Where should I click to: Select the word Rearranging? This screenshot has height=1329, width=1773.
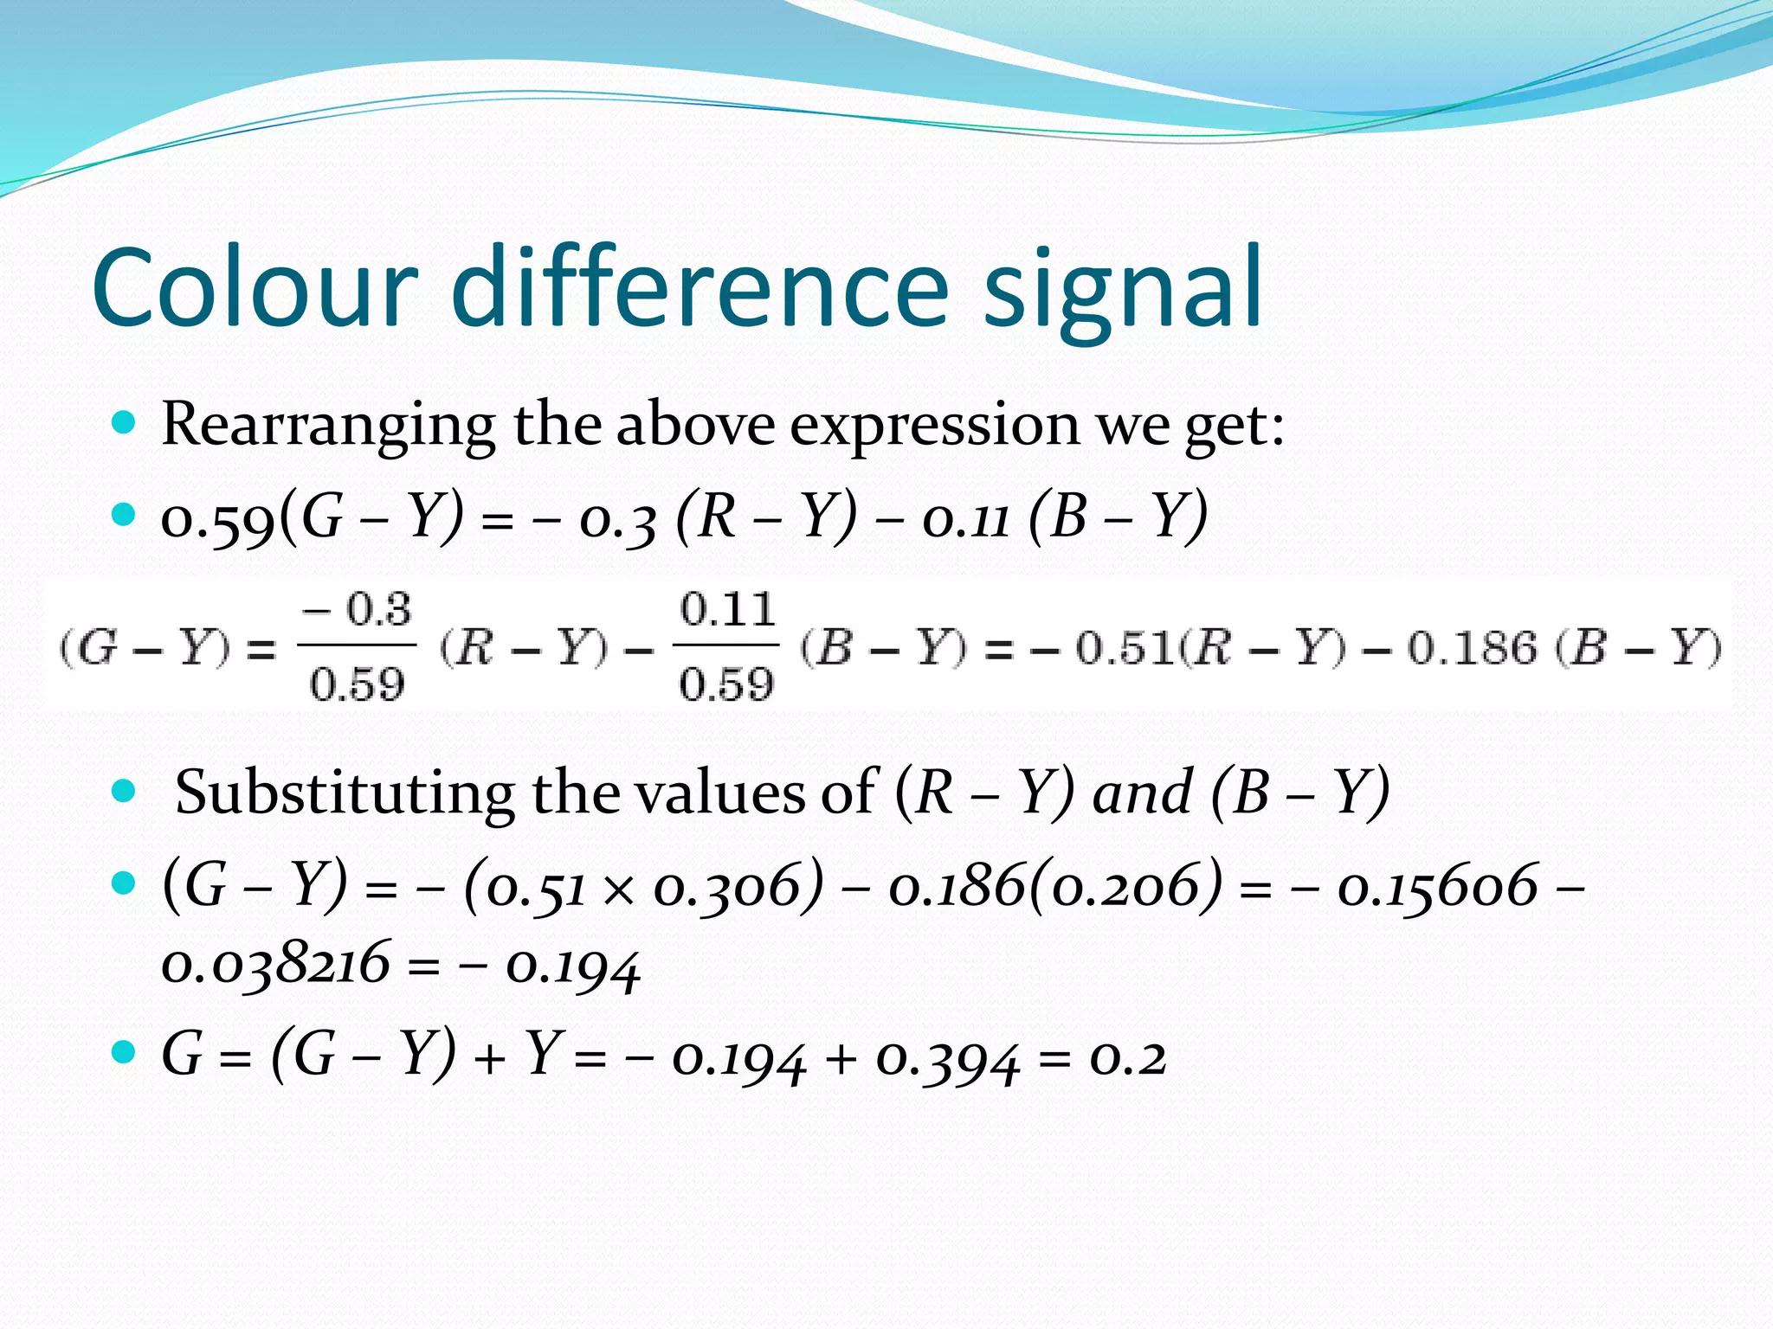click(x=328, y=427)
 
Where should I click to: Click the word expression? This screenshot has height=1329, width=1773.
click(x=934, y=427)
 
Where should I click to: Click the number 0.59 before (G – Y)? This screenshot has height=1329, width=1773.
click(x=218, y=519)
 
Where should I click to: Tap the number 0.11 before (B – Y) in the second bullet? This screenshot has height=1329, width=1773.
click(x=966, y=519)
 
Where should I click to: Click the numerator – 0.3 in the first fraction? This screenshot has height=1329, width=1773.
click(x=357, y=610)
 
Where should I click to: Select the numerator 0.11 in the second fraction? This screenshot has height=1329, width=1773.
click(x=727, y=610)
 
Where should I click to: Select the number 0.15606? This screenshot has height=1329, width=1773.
click(x=1438, y=887)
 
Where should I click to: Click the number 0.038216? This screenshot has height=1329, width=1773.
click(x=276, y=965)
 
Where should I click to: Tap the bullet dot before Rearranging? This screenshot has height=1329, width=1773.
click(x=125, y=423)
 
